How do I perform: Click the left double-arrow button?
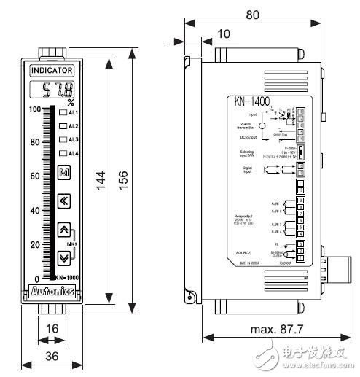[x=63, y=200]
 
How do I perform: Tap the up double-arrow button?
[x=63, y=231]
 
